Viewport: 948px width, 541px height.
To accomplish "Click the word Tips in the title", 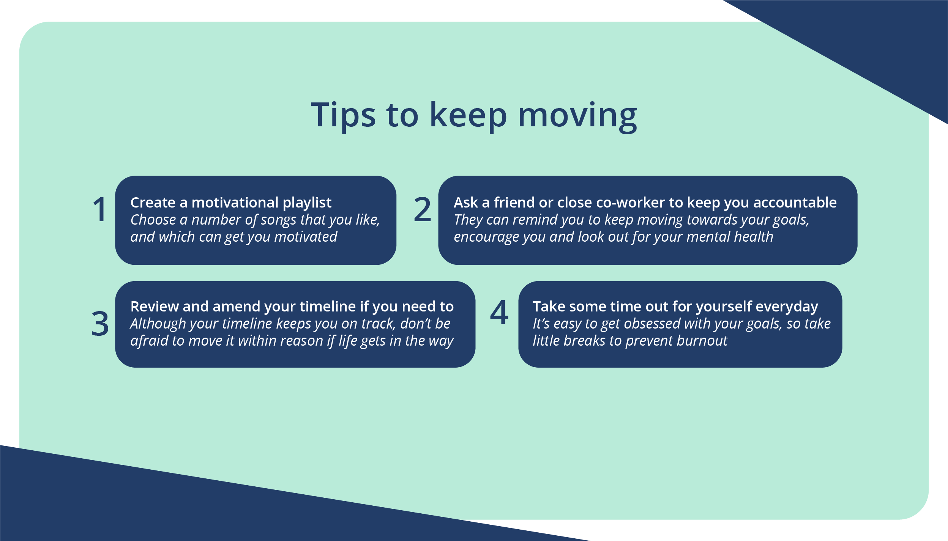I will [x=343, y=115].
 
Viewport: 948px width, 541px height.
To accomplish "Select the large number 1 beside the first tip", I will [x=99, y=209].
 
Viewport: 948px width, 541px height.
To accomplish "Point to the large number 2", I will [x=422, y=209].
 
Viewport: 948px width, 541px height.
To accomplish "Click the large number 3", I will [x=100, y=324].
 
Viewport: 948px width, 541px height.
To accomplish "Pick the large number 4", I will [x=499, y=312].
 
